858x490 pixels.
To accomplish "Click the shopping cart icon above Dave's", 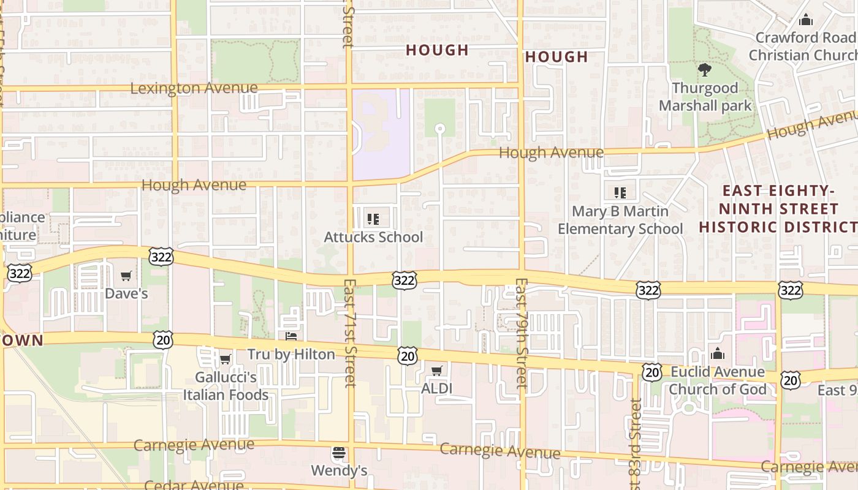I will coord(126,276).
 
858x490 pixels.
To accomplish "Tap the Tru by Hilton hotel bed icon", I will coord(291,336).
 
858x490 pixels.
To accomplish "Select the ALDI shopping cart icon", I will coord(437,371).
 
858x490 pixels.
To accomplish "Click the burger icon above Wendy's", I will coord(339,454).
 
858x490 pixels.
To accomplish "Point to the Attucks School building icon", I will coord(373,219).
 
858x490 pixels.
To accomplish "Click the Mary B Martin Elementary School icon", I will coord(620,193).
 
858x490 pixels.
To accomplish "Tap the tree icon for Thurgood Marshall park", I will coord(705,70).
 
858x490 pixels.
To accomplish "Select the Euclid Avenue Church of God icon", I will coord(717,354).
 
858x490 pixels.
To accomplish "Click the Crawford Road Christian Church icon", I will coord(806,20).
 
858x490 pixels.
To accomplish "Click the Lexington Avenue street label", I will coord(194,88).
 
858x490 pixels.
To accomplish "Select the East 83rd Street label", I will coord(636,444).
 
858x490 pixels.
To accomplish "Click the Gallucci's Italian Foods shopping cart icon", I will coord(225,360).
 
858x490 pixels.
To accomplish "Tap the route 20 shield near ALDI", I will coord(407,355).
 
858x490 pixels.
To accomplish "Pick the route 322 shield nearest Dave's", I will coord(161,257).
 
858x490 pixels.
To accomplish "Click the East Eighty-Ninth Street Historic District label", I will coord(778,209).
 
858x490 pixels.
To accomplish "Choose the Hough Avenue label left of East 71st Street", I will coord(194,185).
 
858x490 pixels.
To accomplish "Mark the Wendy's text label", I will coord(339,470).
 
